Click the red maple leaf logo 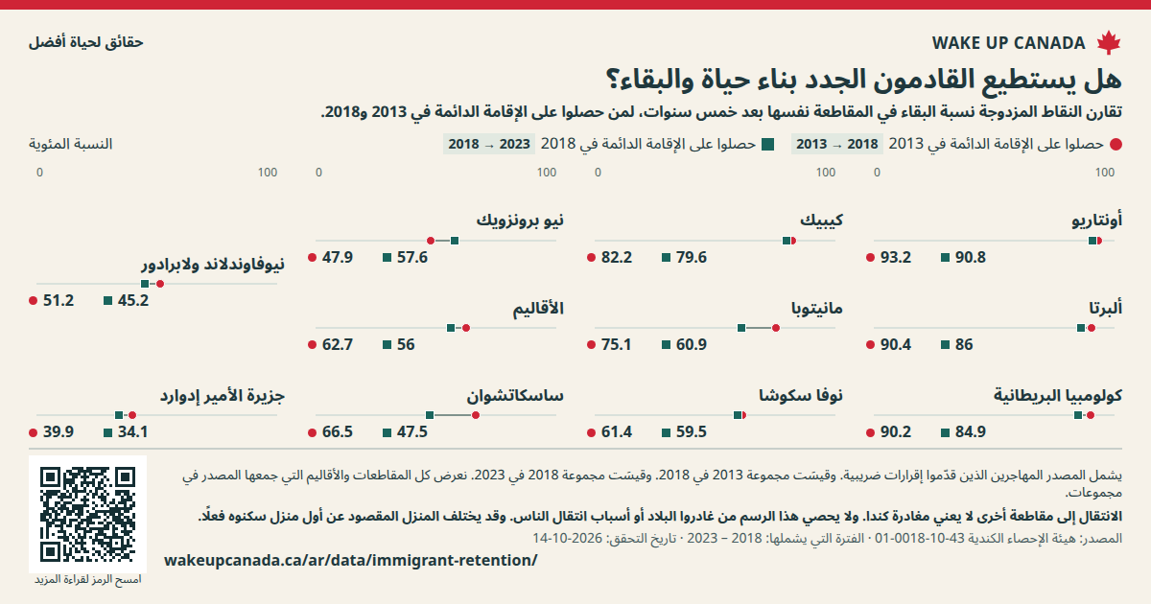[1109, 42]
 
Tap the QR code [88, 514]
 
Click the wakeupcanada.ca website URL [350, 560]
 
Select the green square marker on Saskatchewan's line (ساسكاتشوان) [430, 415]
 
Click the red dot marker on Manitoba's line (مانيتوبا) [776, 328]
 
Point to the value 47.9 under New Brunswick [337, 257]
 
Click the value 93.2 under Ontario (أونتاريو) [896, 257]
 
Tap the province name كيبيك [821, 221]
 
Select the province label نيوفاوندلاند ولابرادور [213, 265]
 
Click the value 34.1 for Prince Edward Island [133, 432]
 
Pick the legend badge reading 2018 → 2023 [489, 145]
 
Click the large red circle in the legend [1116, 145]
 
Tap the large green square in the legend [767, 145]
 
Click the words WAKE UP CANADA [1009, 43]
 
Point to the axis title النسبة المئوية [70, 145]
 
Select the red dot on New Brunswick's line [431, 241]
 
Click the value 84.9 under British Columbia [970, 432]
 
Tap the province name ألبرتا [1105, 308]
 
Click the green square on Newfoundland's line [145, 284]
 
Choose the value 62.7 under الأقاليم [337, 344]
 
